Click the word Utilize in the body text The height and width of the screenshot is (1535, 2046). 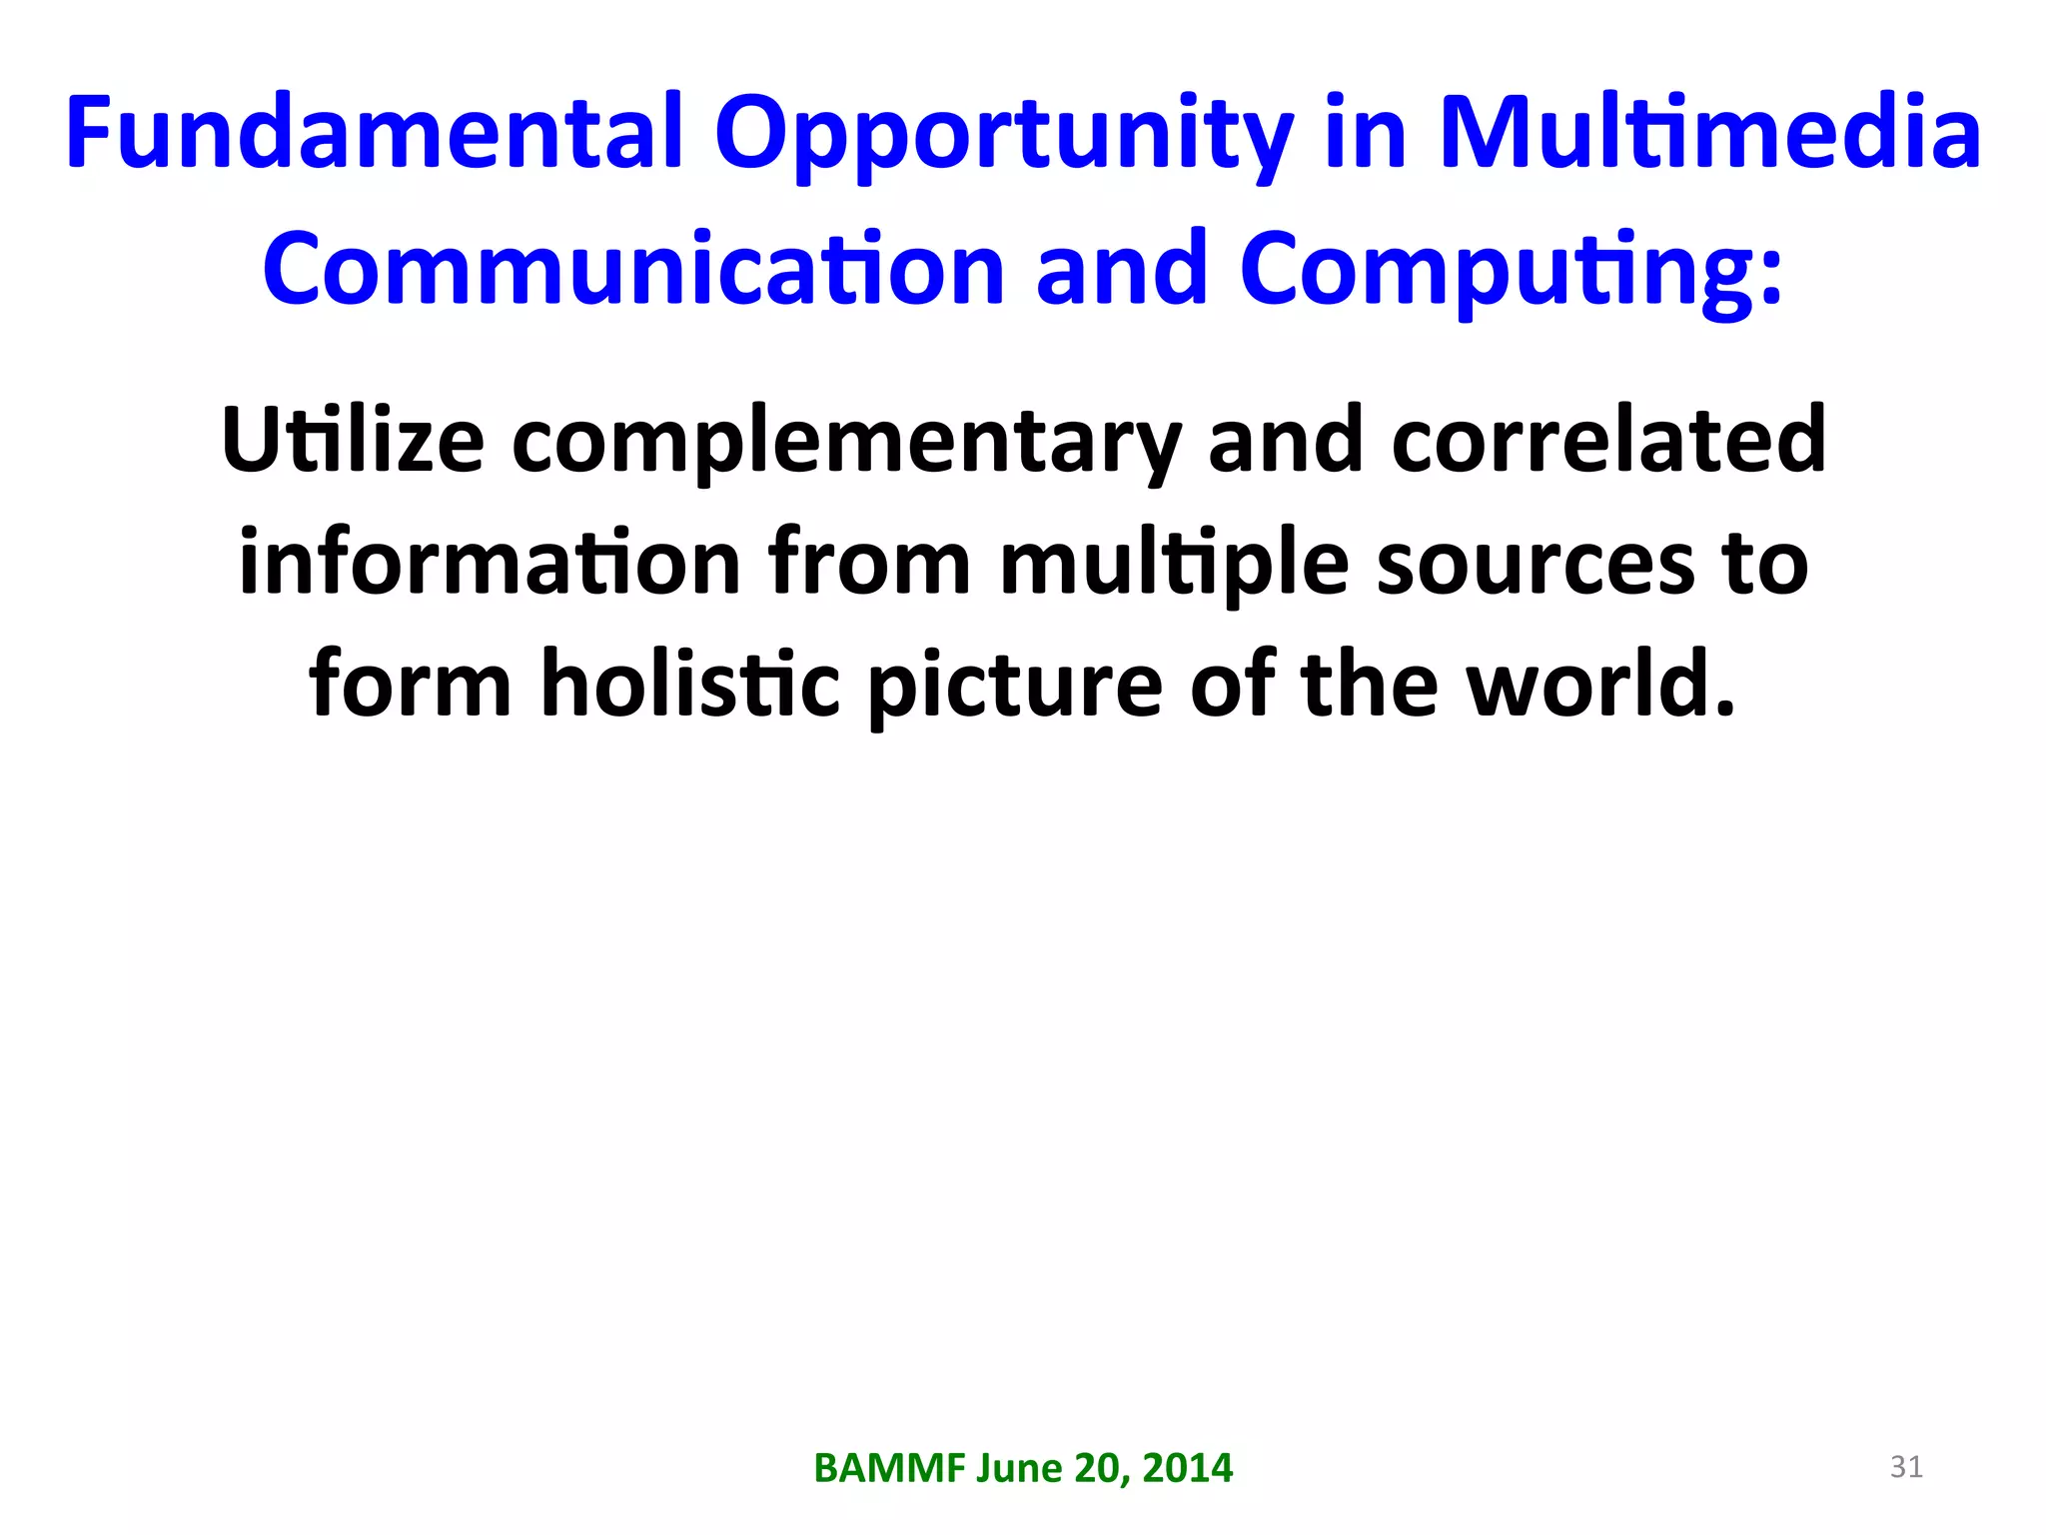tap(353, 440)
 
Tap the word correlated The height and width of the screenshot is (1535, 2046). tap(1608, 440)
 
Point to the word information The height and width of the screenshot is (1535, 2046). tap(490, 563)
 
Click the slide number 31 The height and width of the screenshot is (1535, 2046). tap(1906, 1467)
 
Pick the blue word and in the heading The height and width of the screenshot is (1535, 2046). tap(1121, 269)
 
